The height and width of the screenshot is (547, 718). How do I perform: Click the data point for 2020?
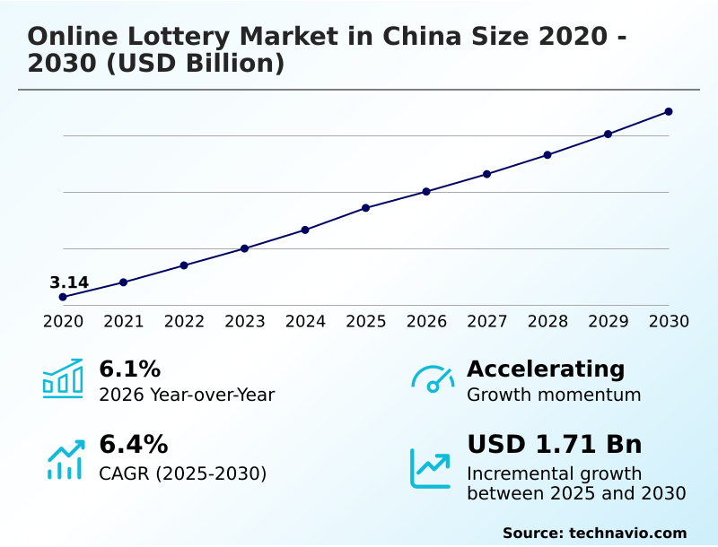tap(63, 297)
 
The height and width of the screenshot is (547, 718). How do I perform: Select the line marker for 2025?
tap(365, 208)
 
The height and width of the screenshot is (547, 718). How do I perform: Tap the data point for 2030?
tap(669, 111)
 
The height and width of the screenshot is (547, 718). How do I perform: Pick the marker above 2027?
tap(486, 174)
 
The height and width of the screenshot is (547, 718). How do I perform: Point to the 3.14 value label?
tap(69, 283)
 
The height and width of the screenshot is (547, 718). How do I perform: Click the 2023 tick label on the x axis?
tap(244, 322)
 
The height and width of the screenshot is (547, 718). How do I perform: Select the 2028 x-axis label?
tap(547, 322)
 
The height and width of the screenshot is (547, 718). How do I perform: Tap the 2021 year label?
tap(123, 322)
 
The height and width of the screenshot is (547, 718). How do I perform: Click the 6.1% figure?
tap(129, 369)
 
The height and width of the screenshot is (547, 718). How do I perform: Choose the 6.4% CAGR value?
tap(133, 444)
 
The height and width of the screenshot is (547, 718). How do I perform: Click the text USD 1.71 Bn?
tap(554, 444)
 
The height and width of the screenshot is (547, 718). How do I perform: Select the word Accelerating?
tap(546, 369)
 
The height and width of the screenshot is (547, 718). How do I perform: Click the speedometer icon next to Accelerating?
tap(433, 378)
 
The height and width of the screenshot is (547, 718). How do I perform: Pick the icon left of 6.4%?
tap(65, 459)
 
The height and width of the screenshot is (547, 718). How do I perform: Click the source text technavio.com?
tap(627, 533)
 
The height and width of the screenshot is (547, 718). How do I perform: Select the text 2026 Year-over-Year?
tap(187, 395)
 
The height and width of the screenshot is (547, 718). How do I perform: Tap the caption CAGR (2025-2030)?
tap(182, 473)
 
